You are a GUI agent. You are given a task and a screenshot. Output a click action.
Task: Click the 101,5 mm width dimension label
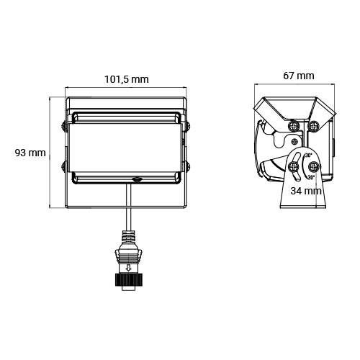point(127,80)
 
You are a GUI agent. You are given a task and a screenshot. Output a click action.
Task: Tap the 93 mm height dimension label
point(30,153)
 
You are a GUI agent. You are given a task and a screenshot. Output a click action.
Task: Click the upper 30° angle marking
point(309,156)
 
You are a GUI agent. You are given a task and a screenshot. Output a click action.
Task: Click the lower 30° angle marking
point(310,176)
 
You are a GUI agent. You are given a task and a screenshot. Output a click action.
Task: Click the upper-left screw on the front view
point(67,127)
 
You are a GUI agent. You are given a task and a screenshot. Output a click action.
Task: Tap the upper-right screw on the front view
point(188,127)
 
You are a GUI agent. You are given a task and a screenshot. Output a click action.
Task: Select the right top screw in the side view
point(314,125)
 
